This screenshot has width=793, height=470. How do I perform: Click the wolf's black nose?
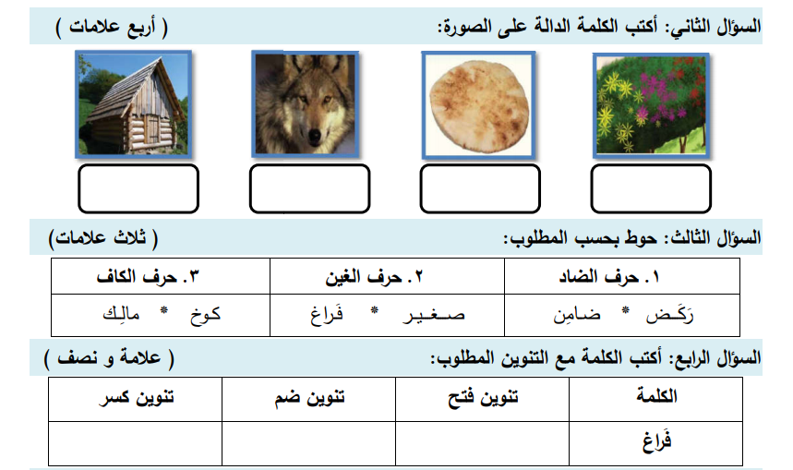(315, 135)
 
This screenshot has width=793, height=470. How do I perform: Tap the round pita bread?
(478, 105)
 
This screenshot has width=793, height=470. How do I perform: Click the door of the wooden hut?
(151, 128)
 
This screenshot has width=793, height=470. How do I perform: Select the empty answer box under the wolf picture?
(309, 188)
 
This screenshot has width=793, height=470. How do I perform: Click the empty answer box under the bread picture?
(480, 188)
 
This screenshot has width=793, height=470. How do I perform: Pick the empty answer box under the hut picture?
(138, 188)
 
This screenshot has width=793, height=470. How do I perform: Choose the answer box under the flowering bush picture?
(651, 188)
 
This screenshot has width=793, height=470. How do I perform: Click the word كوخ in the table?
(205, 315)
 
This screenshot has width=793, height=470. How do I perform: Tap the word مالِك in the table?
(121, 314)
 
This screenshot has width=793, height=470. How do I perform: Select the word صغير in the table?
(433, 315)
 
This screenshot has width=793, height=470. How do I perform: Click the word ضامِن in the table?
(577, 315)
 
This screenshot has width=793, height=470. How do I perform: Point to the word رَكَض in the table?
(669, 315)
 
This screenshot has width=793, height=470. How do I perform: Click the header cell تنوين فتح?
(483, 399)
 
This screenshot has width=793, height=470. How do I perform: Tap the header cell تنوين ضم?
(309, 399)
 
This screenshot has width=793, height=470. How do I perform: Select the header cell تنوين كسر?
(136, 399)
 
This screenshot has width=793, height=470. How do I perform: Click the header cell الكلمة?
(656, 399)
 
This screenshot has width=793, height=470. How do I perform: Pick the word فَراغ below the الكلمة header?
(657, 441)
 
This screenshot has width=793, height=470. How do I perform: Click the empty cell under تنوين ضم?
(309, 443)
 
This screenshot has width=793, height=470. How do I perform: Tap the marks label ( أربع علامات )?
(112, 27)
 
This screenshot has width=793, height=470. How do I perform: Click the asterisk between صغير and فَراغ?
(374, 309)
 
